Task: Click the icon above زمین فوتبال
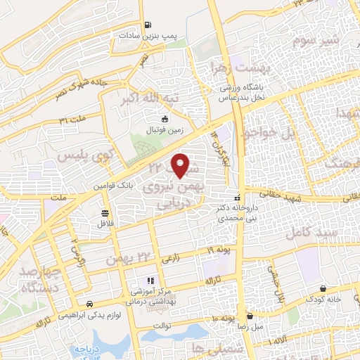pos(165,119)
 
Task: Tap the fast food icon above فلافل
pos(105,213)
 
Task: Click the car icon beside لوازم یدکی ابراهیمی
pos(89,304)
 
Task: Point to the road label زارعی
pos(170,259)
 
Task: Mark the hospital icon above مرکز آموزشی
pos(150,281)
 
